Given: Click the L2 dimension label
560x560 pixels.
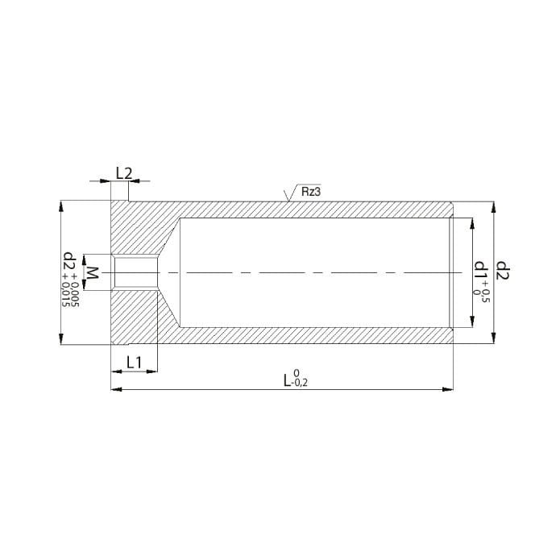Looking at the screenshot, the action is pos(124,173).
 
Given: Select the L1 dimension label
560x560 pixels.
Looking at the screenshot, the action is pos(135,363).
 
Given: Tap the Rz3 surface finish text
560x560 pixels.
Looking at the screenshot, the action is pos(311,192).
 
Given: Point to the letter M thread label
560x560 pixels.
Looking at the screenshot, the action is pos(93,272).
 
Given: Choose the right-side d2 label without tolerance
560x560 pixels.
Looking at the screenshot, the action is pos(503,271).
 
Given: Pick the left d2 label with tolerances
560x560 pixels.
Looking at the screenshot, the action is pos(69,262).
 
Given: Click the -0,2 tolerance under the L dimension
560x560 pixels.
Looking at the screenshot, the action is pos(300,384).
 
